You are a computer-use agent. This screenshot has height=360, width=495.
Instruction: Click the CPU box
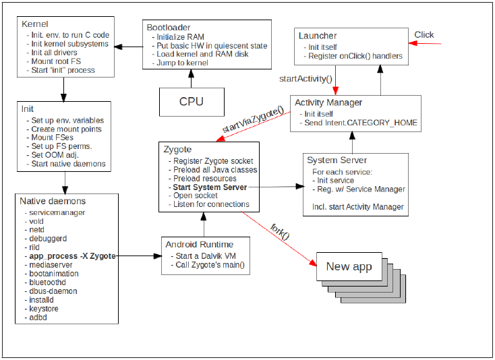click(191, 102)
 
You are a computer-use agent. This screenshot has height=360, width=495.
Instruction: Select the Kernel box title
click(35, 24)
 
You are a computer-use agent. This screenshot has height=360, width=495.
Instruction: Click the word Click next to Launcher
click(424, 35)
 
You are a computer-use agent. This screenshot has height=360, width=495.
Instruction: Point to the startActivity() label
click(306, 79)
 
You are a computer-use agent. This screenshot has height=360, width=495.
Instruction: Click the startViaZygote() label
click(252, 121)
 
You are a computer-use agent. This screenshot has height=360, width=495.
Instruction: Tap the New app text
click(349, 266)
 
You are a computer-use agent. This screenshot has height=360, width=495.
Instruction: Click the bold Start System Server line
click(210, 187)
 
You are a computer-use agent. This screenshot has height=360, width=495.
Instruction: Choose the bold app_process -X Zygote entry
click(72, 256)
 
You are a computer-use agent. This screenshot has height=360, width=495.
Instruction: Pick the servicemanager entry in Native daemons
click(57, 212)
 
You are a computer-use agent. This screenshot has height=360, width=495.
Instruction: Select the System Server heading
click(337, 160)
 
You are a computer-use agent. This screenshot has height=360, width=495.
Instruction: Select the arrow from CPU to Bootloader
click(191, 78)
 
